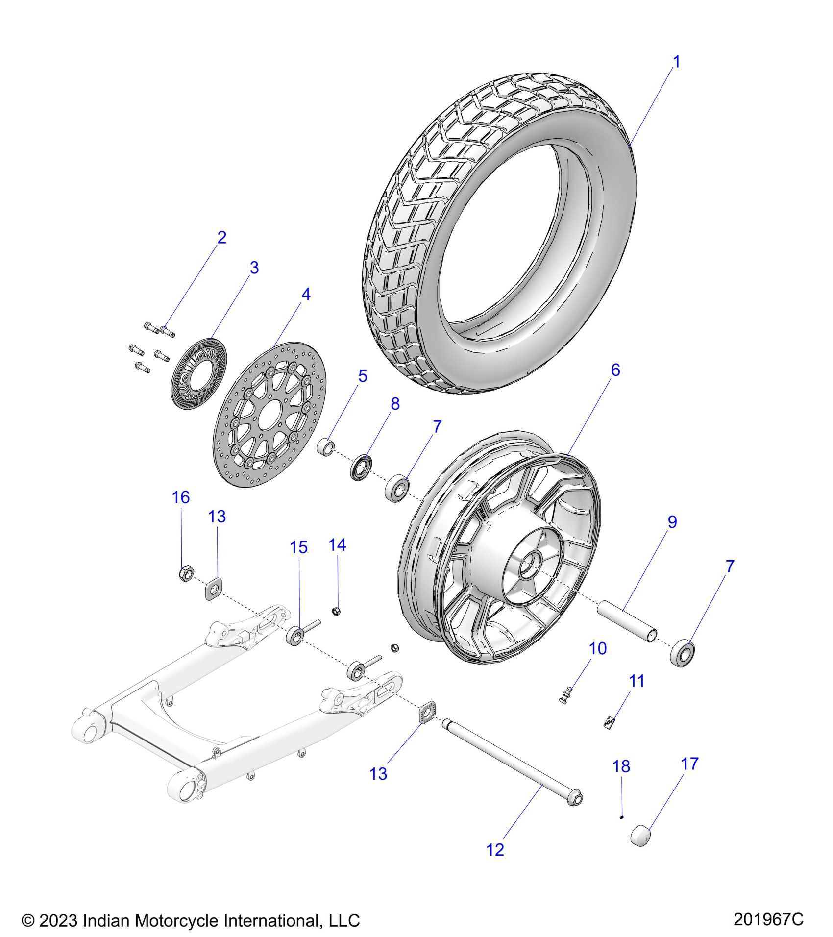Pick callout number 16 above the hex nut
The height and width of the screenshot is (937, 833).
(x=180, y=497)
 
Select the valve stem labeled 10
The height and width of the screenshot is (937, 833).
(x=565, y=695)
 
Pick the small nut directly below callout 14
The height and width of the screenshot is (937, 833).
(x=336, y=611)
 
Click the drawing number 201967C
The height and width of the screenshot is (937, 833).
(x=768, y=919)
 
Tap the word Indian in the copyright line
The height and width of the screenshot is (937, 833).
(x=106, y=921)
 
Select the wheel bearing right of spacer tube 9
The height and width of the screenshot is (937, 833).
(x=683, y=652)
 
